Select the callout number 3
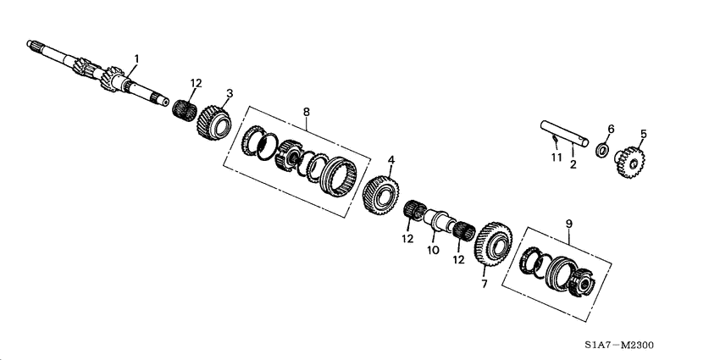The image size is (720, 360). pyautogui.click(x=229, y=92)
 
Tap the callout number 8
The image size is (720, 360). pyautogui.click(x=306, y=110)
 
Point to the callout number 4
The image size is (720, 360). pyautogui.click(x=390, y=158)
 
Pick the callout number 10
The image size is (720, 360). pyautogui.click(x=432, y=251)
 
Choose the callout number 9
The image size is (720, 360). pyautogui.click(x=568, y=224)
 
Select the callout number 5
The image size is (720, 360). pyautogui.click(x=642, y=134)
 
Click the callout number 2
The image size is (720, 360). pyautogui.click(x=573, y=164)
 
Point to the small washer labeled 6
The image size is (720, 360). pyautogui.click(x=602, y=151)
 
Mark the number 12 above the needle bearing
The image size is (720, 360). pyautogui.click(x=196, y=83)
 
